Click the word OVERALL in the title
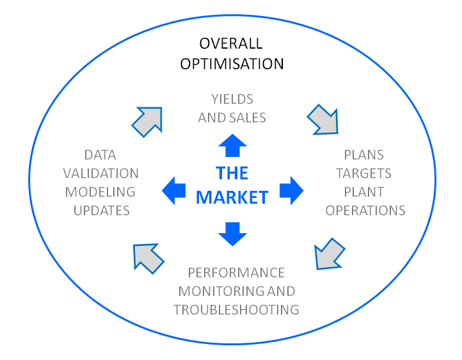tap(231, 44)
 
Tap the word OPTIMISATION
tap(232, 64)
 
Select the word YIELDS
tap(232, 99)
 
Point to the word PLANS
tap(364, 155)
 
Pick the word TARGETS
tap(364, 174)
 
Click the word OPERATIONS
tap(365, 211)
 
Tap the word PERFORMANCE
tap(236, 273)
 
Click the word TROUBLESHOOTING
tap(236, 310)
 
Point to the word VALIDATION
tap(100, 174)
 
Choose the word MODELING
tap(100, 192)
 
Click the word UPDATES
tap(102, 211)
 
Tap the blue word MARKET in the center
tap(232, 197)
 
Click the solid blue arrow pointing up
tap(232, 145)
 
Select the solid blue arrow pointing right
tap(291, 191)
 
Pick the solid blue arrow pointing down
tap(232, 234)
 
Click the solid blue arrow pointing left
tap(174, 191)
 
